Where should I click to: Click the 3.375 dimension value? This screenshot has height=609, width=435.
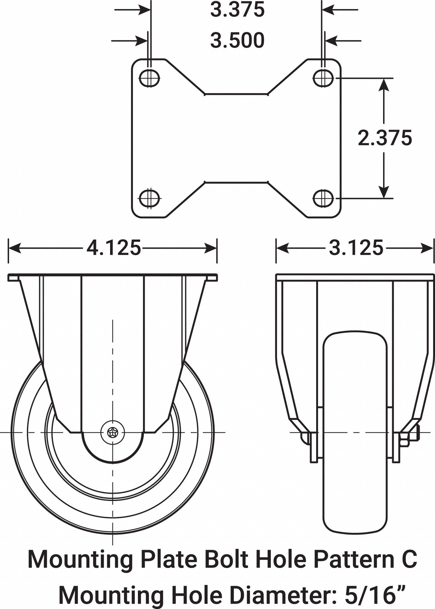click(237, 10)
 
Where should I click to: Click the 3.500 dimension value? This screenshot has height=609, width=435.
click(237, 41)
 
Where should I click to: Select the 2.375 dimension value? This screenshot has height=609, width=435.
click(385, 138)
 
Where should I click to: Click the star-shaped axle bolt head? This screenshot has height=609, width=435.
click(113, 433)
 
